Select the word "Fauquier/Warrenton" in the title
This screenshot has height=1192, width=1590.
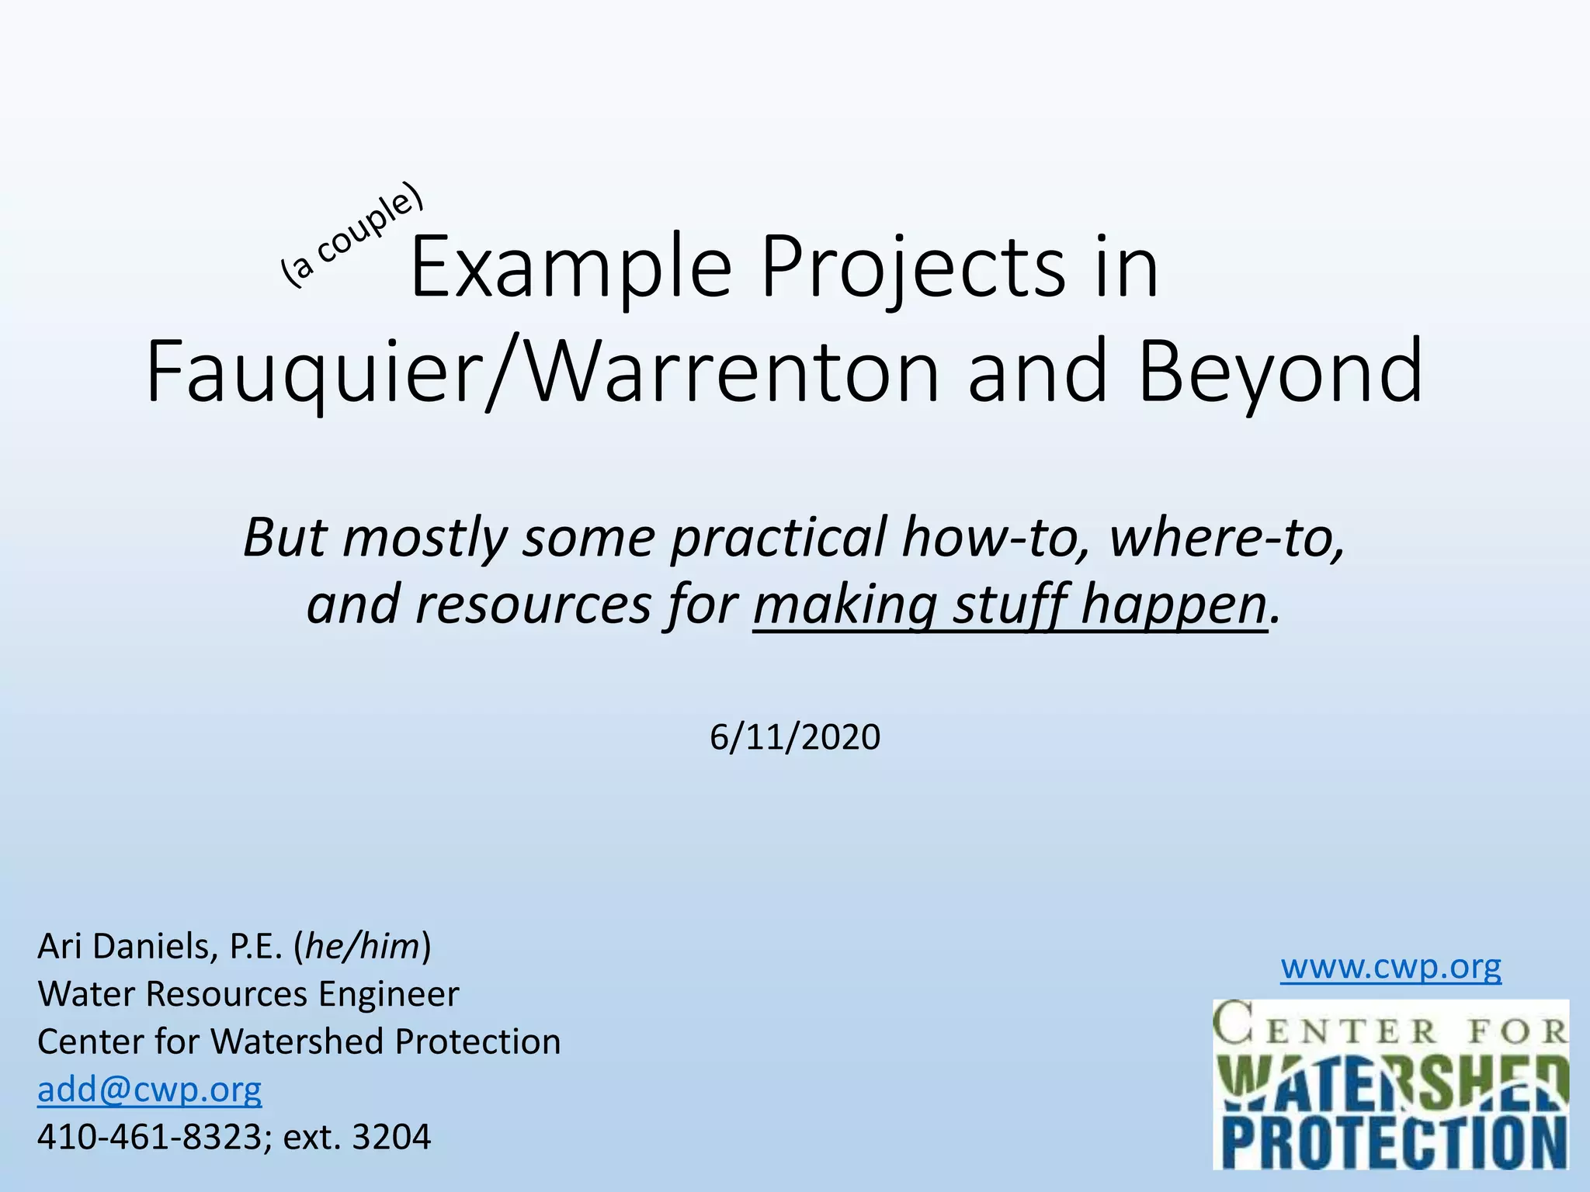click(x=542, y=372)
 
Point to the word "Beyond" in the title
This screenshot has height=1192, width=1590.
click(x=1281, y=372)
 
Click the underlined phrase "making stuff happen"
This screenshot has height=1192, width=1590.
click(x=1010, y=605)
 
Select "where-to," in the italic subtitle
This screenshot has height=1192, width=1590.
click(x=1227, y=537)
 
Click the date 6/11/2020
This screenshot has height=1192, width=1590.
click(x=795, y=736)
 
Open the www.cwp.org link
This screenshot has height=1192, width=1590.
click(x=1390, y=967)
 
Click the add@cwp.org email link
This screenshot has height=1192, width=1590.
click(x=150, y=1090)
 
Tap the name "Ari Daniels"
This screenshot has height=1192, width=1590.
click(x=128, y=946)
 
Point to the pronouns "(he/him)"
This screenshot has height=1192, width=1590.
click(x=363, y=946)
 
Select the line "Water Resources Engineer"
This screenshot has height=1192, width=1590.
click(x=248, y=994)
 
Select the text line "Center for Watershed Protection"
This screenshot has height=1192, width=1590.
click(x=299, y=1041)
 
